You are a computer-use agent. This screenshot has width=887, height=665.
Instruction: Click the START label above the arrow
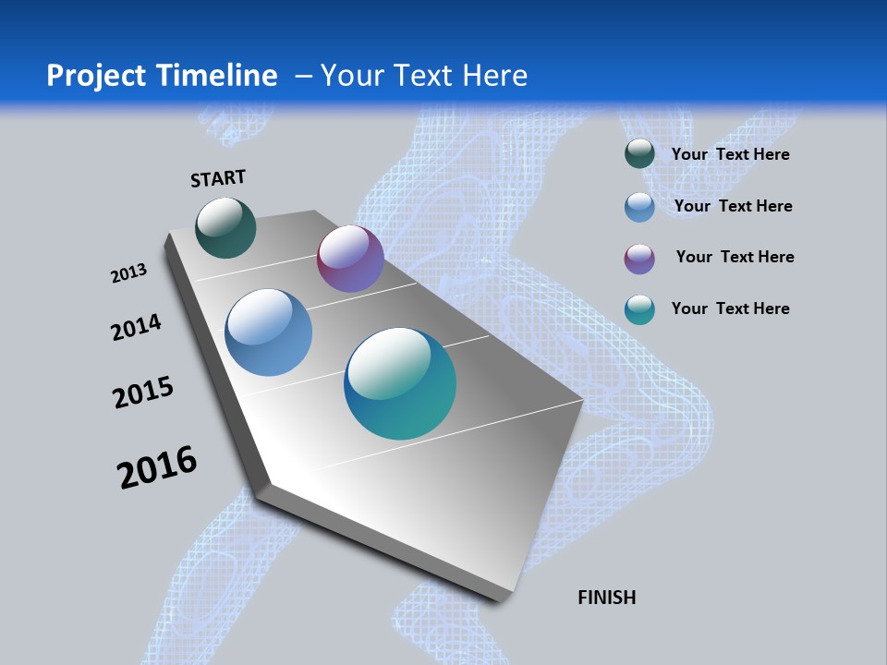click(x=218, y=178)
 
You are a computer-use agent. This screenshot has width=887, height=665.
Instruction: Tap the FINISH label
click(x=606, y=598)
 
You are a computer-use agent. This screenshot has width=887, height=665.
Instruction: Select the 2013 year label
click(x=128, y=273)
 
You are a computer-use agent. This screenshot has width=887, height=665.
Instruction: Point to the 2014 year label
click(x=136, y=327)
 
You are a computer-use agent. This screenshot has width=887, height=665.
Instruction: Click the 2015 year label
click(x=143, y=393)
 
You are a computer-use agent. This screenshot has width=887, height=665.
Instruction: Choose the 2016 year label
click(x=157, y=467)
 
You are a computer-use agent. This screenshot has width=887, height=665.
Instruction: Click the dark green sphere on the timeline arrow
click(x=225, y=228)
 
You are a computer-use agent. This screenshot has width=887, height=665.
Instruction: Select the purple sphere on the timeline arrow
click(x=350, y=259)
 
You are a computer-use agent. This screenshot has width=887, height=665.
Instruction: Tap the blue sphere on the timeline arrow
click(x=268, y=332)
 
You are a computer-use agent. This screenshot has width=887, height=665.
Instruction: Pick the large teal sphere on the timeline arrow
click(x=400, y=383)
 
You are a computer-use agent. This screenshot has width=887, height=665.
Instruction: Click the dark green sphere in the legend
click(x=639, y=154)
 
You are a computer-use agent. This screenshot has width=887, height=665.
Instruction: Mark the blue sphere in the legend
click(x=639, y=207)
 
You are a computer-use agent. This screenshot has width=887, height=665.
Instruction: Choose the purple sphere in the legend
click(x=639, y=259)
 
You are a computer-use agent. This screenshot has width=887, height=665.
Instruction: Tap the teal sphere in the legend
click(x=639, y=309)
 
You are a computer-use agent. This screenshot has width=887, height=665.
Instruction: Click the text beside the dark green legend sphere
click(x=730, y=154)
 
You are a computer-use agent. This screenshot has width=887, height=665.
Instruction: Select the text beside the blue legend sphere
click(x=733, y=206)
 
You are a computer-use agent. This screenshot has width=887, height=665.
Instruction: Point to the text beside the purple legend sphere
click(x=735, y=257)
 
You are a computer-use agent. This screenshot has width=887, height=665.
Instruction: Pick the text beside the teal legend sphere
click(x=730, y=308)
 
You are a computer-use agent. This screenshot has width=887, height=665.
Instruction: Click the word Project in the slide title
click(x=95, y=76)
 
